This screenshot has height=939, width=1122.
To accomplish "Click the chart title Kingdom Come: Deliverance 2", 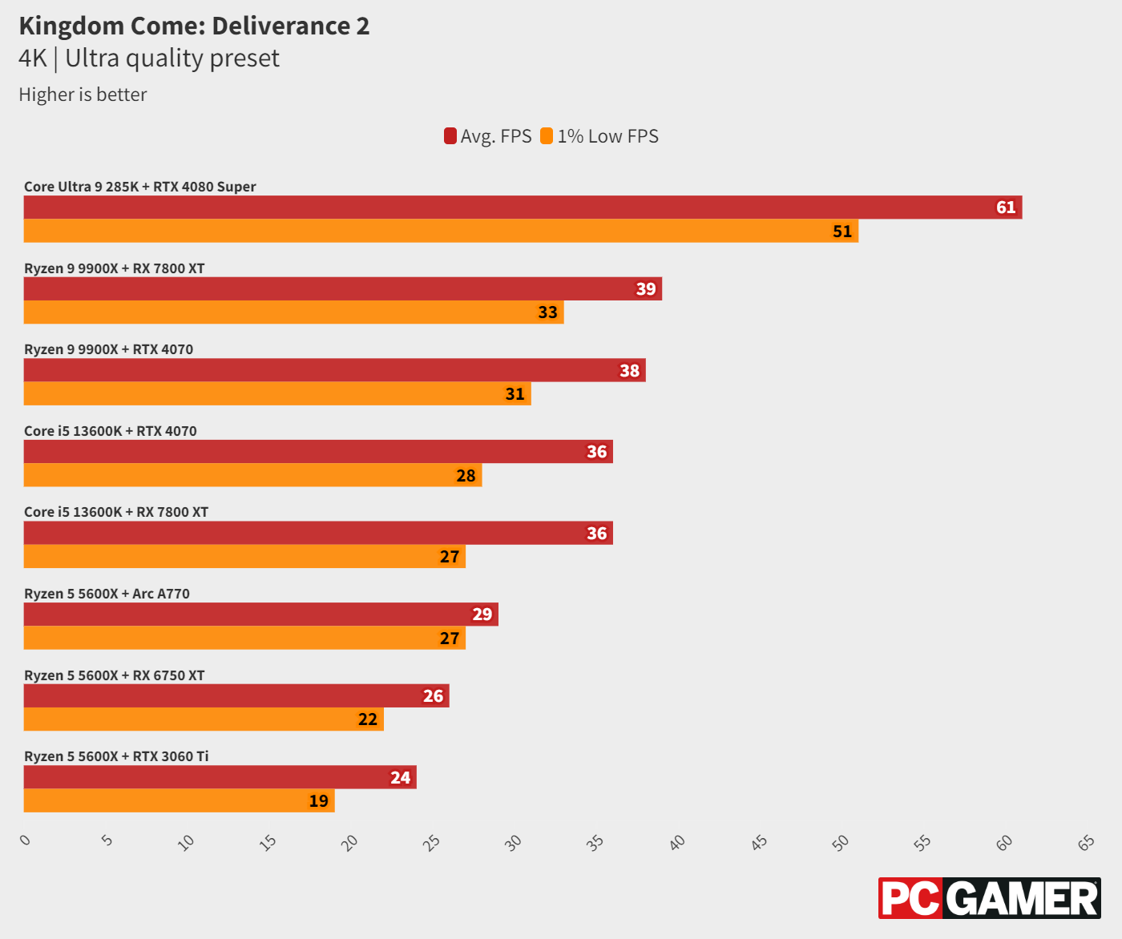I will click(194, 26).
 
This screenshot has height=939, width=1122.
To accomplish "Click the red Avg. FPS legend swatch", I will click(450, 136).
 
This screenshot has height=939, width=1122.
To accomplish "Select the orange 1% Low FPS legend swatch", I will click(547, 136).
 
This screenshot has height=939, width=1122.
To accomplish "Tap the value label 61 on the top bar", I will click(1006, 208).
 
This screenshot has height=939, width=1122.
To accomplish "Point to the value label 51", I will click(842, 232).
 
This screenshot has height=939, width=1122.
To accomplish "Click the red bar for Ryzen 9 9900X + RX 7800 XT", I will click(342, 289).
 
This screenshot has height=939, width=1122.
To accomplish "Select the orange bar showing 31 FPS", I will click(277, 394).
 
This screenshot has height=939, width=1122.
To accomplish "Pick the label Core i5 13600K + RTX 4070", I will click(111, 431).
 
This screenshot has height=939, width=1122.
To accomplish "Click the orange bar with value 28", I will click(252, 476).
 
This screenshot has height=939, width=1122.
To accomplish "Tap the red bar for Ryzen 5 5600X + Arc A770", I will click(260, 615).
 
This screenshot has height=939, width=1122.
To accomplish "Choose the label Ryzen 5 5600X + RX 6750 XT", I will click(115, 675).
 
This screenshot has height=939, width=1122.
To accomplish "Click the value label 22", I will click(368, 719).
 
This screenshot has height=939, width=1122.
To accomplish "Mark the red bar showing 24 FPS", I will click(220, 777).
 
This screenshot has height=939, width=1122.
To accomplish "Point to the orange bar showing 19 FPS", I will click(179, 801).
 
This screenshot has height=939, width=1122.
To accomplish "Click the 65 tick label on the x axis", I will click(1086, 842).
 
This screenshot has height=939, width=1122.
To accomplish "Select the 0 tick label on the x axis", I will click(26, 840).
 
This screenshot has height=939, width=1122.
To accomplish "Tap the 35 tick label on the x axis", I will click(595, 842).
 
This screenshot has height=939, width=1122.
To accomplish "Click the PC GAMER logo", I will click(989, 898).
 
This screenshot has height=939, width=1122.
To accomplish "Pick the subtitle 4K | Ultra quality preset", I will click(149, 58).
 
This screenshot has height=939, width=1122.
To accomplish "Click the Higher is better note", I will click(83, 95).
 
